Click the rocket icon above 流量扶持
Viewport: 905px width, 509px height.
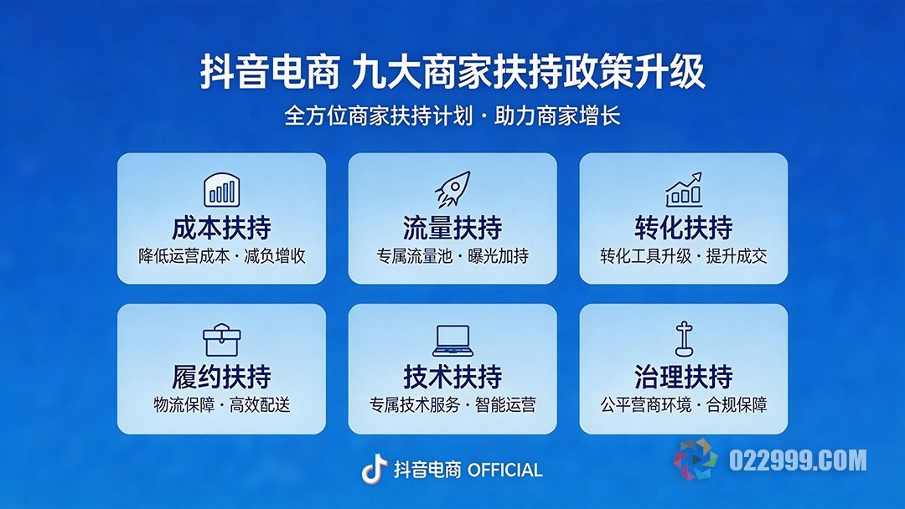452,190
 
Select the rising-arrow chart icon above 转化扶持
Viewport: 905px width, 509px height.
684,190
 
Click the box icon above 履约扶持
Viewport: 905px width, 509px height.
221,340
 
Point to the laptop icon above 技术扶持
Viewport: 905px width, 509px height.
452,340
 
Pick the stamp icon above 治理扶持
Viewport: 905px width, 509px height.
684,339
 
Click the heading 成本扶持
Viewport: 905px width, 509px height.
221,228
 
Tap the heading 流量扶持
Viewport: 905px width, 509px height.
452,228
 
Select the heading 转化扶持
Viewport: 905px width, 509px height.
684,228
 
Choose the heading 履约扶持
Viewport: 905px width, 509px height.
221,378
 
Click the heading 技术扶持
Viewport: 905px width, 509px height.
452,378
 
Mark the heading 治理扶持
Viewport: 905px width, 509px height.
684,378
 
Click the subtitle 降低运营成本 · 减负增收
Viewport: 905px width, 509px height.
221,256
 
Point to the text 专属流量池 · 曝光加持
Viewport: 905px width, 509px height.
452,256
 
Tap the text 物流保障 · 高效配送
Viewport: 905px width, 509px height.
221,405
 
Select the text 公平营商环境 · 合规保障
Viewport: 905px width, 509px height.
684,405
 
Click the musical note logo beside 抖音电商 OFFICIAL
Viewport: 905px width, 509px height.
374,470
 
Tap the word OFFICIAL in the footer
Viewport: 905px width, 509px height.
504,470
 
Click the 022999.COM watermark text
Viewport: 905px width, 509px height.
797,460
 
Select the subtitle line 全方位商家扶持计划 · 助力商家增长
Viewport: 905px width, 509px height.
452,116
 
